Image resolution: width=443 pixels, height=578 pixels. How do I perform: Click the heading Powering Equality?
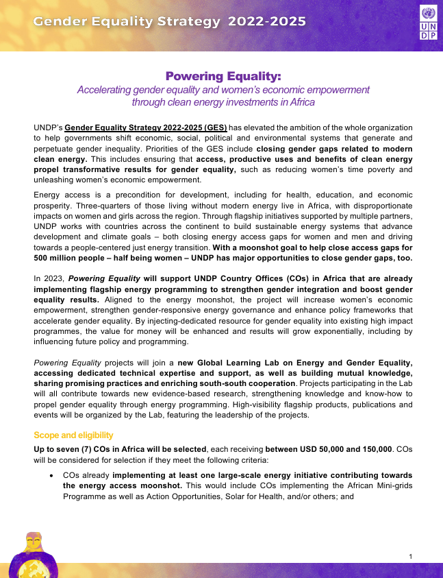tap(223, 75)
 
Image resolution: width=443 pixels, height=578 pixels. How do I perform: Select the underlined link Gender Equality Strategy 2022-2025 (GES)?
tap(155, 128)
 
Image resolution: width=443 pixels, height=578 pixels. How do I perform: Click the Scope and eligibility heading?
tap(73, 435)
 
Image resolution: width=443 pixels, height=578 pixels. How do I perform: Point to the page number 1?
tap(409, 555)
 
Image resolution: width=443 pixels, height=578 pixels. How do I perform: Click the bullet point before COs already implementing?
tap(51, 474)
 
